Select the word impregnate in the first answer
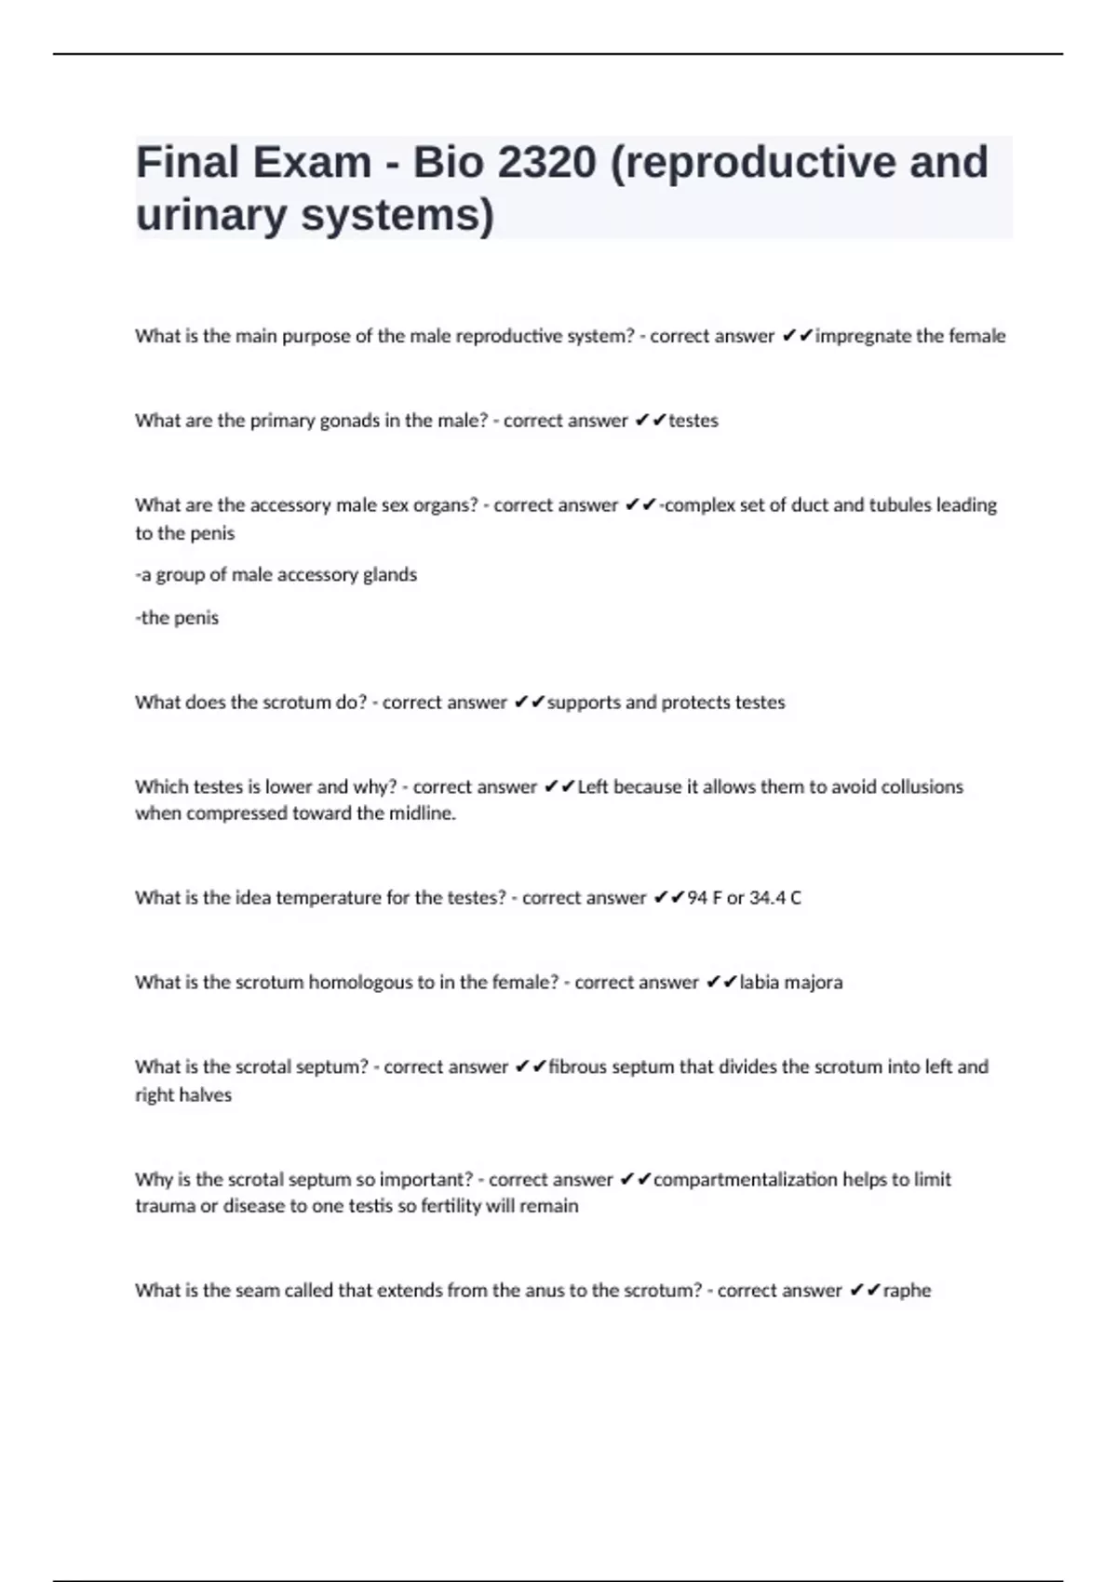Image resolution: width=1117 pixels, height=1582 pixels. tap(863, 336)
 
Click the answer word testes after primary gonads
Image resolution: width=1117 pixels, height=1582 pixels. tap(693, 421)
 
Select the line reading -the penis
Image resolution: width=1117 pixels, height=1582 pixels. tap(177, 618)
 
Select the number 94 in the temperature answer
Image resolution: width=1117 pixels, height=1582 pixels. tap(697, 898)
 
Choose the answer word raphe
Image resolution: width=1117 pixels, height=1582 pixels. tap(907, 1291)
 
